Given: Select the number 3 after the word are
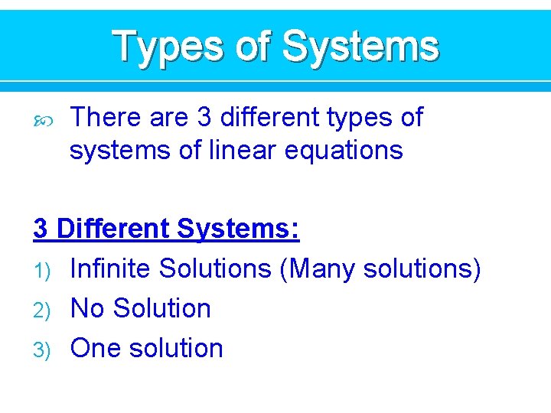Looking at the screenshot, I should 204,117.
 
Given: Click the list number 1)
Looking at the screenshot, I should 42,270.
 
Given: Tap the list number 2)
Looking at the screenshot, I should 42,310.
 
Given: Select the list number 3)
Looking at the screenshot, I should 42,350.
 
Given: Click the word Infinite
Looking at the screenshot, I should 110,268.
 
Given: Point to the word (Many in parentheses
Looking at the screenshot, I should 320,268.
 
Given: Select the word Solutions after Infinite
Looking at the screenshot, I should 215,268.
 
